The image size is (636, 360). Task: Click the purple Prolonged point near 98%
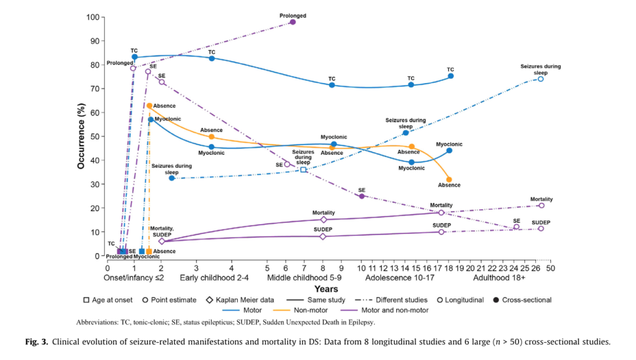pos(293,22)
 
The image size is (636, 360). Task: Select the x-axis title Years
pos(326,289)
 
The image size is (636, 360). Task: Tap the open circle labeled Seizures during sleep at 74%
pos(540,79)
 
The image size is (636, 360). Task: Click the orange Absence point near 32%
pos(449,179)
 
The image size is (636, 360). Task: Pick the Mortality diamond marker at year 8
pos(323,220)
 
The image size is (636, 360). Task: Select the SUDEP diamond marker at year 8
pos(323,236)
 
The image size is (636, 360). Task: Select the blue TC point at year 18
pos(450,76)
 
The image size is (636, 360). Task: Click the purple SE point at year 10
pos(362,196)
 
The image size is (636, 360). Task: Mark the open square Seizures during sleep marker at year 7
pos(303,169)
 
